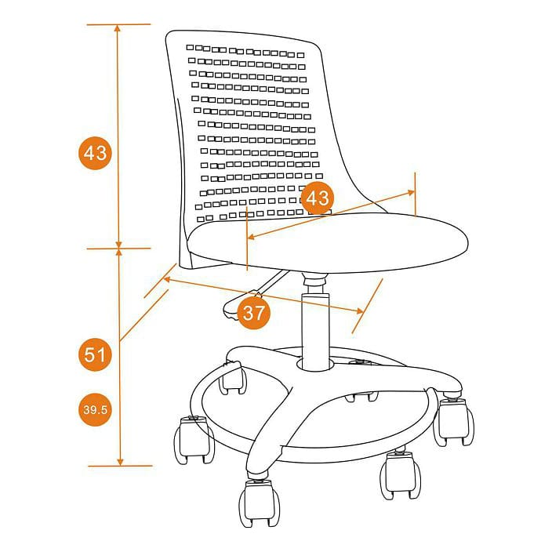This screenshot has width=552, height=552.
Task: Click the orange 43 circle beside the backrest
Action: (95, 153)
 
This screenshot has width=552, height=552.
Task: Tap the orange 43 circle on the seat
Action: (318, 198)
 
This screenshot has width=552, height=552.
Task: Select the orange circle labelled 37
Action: (253, 313)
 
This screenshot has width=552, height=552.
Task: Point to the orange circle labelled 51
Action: (95, 354)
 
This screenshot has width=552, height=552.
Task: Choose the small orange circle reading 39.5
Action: (95, 410)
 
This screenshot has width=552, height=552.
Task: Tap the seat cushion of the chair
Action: (328, 242)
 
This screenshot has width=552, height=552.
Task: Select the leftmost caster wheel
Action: (194, 439)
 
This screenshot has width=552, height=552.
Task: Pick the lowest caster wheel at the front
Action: (260, 503)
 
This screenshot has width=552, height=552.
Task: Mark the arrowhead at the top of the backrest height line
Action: (118, 28)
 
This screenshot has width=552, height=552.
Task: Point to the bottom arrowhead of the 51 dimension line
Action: (120, 462)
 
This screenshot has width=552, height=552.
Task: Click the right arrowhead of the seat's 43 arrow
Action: (411, 193)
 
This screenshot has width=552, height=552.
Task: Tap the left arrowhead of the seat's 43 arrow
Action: (252, 237)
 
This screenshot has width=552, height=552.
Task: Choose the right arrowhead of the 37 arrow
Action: (359, 310)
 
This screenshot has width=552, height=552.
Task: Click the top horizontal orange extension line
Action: (118, 24)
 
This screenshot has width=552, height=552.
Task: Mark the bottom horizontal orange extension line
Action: (120, 466)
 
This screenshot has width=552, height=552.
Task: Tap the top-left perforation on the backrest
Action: (190, 47)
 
